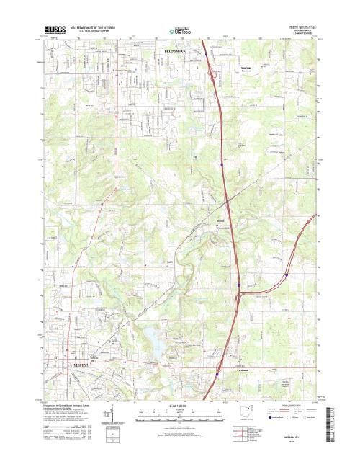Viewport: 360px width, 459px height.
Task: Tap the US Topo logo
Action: pyautogui.click(x=180, y=31)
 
